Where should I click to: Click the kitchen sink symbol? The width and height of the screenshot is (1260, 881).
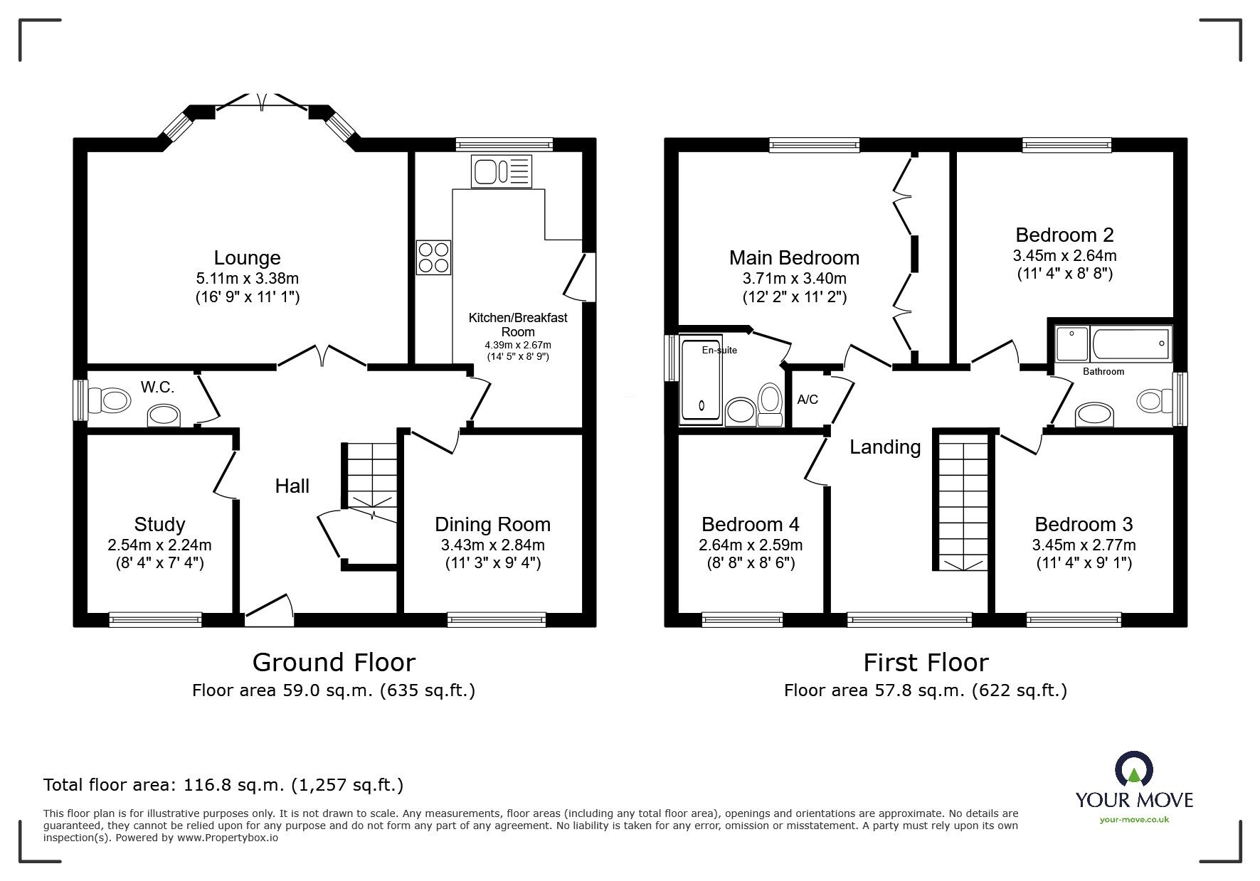tap(501, 171)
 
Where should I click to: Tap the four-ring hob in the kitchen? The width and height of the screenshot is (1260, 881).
tap(433, 257)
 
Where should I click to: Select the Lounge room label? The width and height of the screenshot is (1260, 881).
tap(248, 257)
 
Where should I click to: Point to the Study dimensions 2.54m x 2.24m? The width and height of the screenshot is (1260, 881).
tap(159, 545)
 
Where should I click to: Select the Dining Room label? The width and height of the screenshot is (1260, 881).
tap(492, 525)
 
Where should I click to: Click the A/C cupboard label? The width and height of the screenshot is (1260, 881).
tap(808, 400)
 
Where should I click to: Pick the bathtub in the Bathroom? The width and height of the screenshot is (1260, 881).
tap(1131, 345)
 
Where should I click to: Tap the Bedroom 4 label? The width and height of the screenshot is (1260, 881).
tap(750, 525)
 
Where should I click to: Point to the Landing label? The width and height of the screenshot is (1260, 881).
tap(885, 447)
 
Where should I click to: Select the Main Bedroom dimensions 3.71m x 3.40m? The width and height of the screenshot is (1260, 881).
tap(794, 279)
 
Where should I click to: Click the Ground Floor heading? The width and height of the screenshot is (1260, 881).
tap(334, 663)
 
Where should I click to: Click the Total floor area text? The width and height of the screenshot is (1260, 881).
tap(223, 785)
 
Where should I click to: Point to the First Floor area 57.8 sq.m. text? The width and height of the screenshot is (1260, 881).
tap(925, 690)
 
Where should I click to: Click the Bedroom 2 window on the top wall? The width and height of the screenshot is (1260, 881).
tap(1066, 145)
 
